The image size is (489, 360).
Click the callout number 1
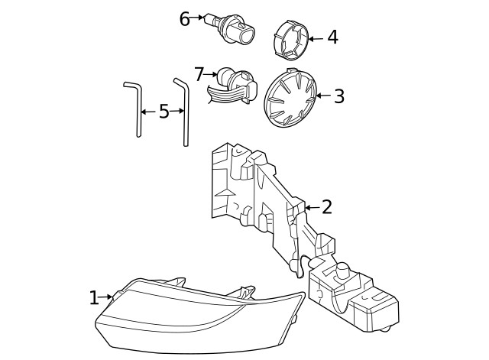(93, 297)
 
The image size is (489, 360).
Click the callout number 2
(327, 207)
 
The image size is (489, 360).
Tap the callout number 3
(339, 96)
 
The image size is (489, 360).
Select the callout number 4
(332, 37)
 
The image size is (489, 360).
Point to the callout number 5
(164, 112)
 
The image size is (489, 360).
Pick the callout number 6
(184, 18)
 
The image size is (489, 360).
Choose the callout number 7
(199, 74)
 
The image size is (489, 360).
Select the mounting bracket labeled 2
(260, 199)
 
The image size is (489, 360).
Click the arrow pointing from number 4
(315, 37)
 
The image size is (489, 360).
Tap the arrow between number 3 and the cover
(322, 96)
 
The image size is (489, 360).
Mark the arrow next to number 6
(197, 18)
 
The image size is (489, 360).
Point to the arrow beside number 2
(311, 207)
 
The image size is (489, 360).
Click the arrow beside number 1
(106, 297)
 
